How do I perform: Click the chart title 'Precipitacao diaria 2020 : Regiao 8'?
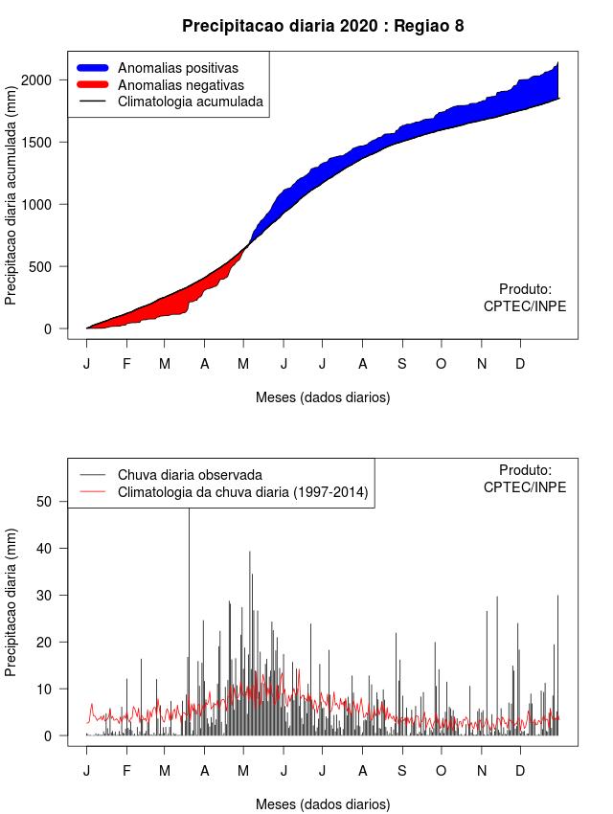[323, 26]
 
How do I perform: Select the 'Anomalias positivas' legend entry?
[177, 68]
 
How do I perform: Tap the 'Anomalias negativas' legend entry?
[180, 84]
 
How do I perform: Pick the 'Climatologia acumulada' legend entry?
[190, 101]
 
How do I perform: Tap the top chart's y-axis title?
[11, 204]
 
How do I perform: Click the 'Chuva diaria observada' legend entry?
[190, 475]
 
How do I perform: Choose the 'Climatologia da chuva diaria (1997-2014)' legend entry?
[242, 492]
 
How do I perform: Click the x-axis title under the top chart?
[323, 396]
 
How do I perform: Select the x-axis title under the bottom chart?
[323, 804]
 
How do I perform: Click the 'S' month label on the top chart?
[402, 364]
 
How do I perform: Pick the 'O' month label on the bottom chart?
[441, 771]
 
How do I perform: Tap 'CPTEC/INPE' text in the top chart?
[525, 306]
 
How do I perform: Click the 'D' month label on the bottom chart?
[520, 771]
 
